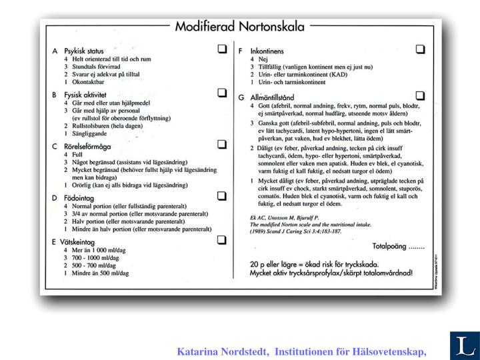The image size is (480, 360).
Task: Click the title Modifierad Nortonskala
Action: pyautogui.click(x=239, y=27)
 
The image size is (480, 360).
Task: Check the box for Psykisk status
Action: pyautogui.click(x=221, y=49)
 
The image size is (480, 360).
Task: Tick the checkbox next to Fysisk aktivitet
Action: pyautogui.click(x=221, y=95)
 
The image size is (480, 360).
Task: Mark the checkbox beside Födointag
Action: pyautogui.click(x=221, y=196)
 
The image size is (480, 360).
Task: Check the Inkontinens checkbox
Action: pyautogui.click(x=420, y=49)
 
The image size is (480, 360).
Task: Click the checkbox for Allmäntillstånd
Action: pyautogui.click(x=420, y=95)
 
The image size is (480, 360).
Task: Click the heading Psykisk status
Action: pyautogui.click(x=83, y=51)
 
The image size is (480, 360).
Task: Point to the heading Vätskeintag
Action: pyautogui.click(x=81, y=242)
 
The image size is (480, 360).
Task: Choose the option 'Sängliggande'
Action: pyautogui.click(x=93, y=133)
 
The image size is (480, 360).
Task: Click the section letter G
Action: pyautogui.click(x=241, y=97)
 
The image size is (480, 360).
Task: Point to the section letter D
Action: pyautogui.click(x=54, y=198)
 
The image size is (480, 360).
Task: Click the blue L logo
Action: pyautogui.click(x=462, y=345)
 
